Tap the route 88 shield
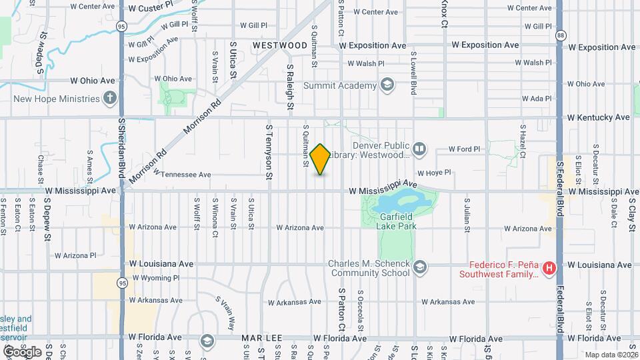pos(561,34)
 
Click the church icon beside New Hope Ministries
pos(110,98)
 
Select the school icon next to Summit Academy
pos(387,85)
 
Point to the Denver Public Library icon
pos(419,149)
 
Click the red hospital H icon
pos(549,269)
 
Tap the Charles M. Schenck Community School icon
pos(419,268)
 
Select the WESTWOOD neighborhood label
pos(280,45)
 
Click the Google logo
pos(21,351)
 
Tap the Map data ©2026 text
pos(610,355)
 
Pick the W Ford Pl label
pos(464,149)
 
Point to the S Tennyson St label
pos(269,151)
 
